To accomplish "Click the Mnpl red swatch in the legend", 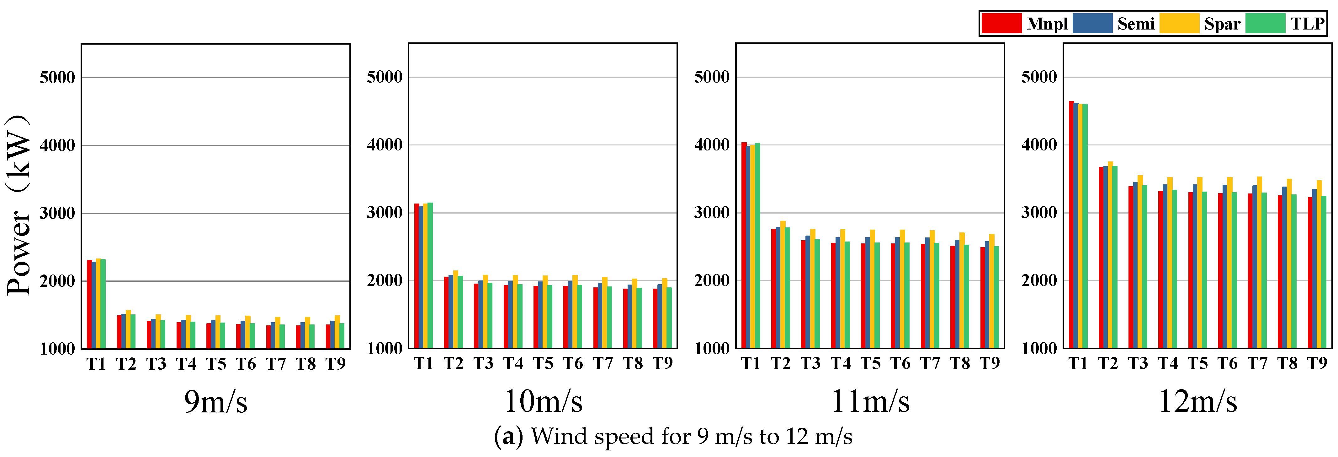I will coord(1001,23).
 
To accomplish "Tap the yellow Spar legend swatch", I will coord(1179,23).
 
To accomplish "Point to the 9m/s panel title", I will coord(215,401).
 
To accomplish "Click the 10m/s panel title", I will coord(543,401).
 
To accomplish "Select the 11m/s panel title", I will coord(871,401).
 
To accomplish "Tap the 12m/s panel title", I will coord(1198,401).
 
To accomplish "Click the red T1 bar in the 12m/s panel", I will coord(1071,225).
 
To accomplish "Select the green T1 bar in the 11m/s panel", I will coord(757,245).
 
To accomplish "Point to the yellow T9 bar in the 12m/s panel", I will coord(1319,264).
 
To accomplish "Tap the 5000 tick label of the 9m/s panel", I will coord(57,78).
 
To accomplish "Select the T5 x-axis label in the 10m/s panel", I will coord(543,363).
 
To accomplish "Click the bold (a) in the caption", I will coord(507,437).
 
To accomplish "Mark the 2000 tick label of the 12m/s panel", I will coord(1039,281).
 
